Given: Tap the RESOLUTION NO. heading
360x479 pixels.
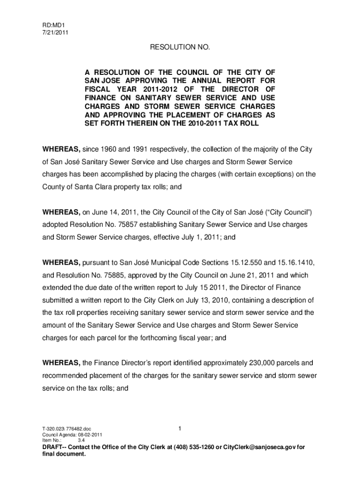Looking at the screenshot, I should tap(180, 48).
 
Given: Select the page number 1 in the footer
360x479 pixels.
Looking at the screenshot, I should tap(180, 428).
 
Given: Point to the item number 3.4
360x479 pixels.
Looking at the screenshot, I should tap(81, 440).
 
